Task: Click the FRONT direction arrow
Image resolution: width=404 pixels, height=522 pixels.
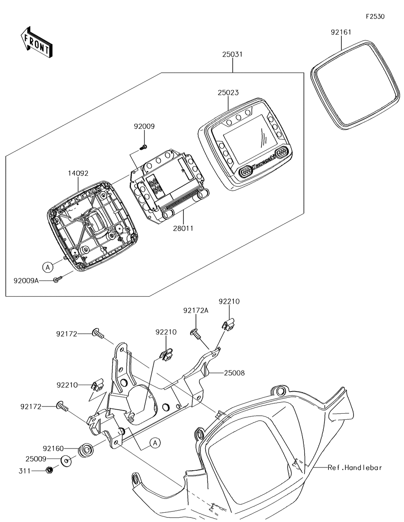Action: [36, 42]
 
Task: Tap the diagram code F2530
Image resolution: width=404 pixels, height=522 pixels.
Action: [375, 17]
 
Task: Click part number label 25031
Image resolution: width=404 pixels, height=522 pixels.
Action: [232, 54]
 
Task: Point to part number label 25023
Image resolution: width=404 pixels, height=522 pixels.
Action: [228, 93]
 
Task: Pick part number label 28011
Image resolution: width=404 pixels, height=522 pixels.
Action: [183, 228]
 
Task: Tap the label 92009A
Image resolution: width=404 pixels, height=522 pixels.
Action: [26, 280]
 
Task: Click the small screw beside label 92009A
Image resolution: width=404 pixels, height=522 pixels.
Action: [57, 280]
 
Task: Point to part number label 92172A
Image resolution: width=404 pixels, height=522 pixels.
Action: [196, 311]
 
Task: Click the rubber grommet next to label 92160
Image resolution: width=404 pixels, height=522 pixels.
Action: [85, 449]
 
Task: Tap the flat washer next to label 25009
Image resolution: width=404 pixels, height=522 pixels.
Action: [66, 460]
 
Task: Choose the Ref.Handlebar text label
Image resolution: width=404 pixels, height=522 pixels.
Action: [354, 467]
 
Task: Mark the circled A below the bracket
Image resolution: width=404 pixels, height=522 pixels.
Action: [155, 443]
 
